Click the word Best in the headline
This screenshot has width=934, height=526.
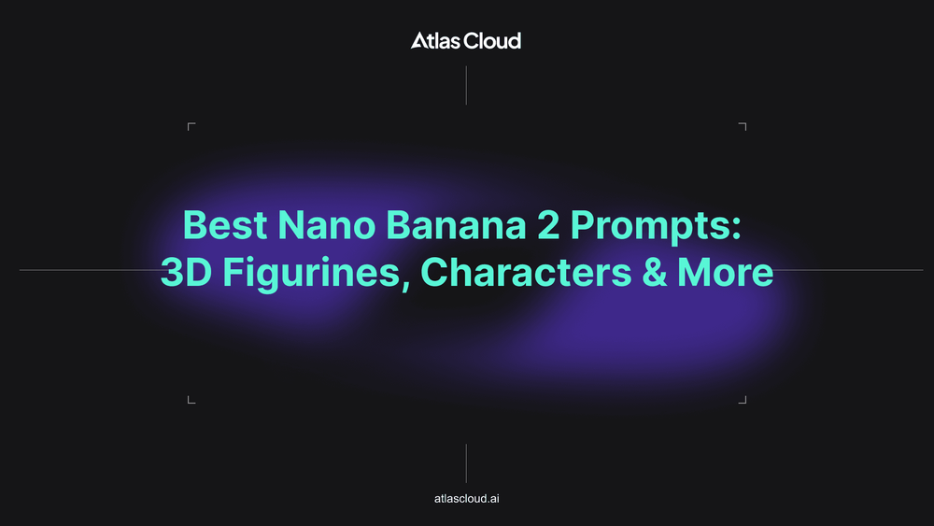point(224,225)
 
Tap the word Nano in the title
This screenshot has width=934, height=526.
point(326,225)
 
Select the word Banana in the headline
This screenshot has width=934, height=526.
point(457,225)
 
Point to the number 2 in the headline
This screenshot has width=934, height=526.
point(548,224)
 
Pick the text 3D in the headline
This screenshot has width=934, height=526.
point(187,272)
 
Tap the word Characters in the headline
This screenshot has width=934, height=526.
point(526,272)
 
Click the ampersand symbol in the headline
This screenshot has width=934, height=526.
point(655,272)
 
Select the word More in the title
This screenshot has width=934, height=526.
point(726,272)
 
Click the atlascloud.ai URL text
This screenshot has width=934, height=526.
point(466,499)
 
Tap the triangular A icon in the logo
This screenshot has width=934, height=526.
point(419,40)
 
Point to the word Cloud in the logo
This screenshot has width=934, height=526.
point(492,40)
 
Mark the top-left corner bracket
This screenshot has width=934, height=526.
point(189,123)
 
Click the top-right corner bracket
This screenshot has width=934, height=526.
point(745,123)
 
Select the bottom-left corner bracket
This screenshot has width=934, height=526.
point(189,403)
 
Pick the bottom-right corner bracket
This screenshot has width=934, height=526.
point(745,403)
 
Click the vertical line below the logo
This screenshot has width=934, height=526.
point(466,86)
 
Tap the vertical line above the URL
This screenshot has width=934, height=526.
point(466,463)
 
